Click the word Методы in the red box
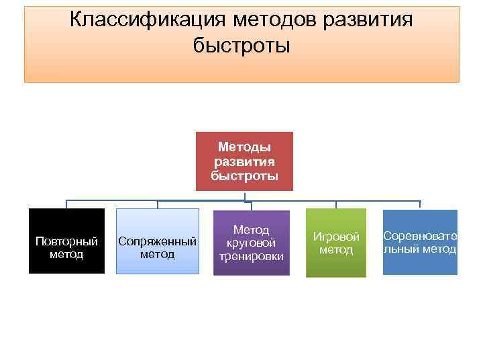(x=245, y=147)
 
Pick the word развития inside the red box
(x=245, y=162)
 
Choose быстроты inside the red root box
(x=245, y=176)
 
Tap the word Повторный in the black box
(x=66, y=241)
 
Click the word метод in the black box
(x=66, y=254)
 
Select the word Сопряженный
(x=158, y=241)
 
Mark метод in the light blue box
(x=158, y=254)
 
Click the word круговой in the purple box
(x=251, y=243)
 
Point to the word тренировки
(x=251, y=256)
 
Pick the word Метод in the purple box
(x=251, y=230)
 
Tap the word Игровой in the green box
(x=336, y=237)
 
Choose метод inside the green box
(x=336, y=250)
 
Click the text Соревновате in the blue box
(x=420, y=237)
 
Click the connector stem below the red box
(x=245, y=196)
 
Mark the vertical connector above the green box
(x=336, y=204)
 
